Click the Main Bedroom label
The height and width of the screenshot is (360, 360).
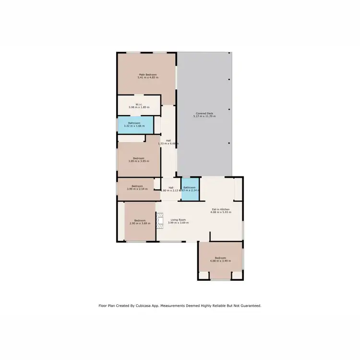[x=148, y=74]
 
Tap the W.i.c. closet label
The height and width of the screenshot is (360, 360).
[x=139, y=104]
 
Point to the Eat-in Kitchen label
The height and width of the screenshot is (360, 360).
[x=221, y=209]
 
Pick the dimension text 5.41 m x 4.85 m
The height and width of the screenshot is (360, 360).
[x=148, y=78]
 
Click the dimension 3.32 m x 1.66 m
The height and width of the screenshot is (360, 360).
[x=134, y=126]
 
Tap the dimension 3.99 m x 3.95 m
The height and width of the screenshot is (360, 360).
[x=139, y=161]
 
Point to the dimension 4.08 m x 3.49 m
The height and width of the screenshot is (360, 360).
[x=220, y=261]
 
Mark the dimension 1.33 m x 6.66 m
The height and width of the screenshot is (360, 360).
[x=168, y=144]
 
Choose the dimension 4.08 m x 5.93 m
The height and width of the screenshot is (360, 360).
[x=221, y=212]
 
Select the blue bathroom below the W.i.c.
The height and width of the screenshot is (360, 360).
[x=134, y=125]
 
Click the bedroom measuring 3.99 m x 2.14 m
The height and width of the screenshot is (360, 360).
[x=138, y=188]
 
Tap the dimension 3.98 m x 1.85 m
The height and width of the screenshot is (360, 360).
[x=139, y=108]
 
